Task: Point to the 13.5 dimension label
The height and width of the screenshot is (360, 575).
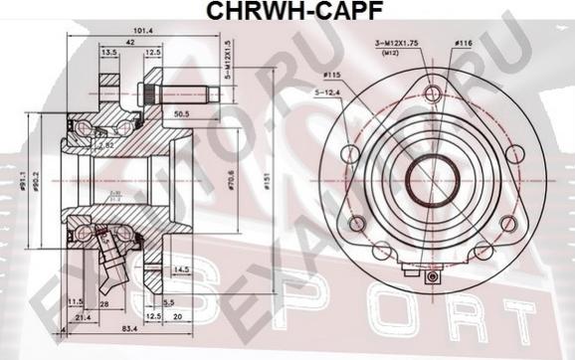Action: click(x=109, y=54)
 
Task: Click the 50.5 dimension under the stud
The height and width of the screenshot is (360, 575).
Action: click(x=182, y=114)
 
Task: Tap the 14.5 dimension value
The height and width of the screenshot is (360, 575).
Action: click(x=180, y=269)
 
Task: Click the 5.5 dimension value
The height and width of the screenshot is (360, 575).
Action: click(x=170, y=301)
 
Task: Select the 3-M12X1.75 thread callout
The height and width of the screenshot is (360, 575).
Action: click(x=396, y=44)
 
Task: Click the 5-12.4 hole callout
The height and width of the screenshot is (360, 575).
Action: click(x=329, y=95)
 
